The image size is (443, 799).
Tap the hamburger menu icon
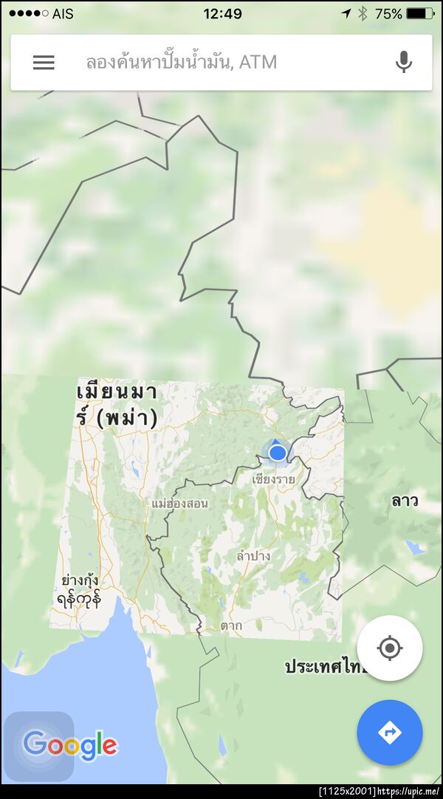point(44,63)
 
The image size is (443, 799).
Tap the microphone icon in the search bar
point(403,63)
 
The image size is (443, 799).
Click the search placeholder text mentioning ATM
point(181,63)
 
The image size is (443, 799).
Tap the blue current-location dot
point(278,452)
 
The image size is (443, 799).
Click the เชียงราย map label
point(273,479)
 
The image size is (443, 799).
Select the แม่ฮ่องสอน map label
point(179,504)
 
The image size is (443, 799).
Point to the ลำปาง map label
point(253,555)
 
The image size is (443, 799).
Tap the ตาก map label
point(231,626)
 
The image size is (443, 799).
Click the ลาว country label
point(405,501)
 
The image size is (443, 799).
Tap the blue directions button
point(389,733)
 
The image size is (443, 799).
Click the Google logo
point(70,744)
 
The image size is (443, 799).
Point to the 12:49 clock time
point(222,14)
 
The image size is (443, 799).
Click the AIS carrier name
point(63,14)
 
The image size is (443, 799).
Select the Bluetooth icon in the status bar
point(363,14)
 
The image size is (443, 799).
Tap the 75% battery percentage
point(388,14)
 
